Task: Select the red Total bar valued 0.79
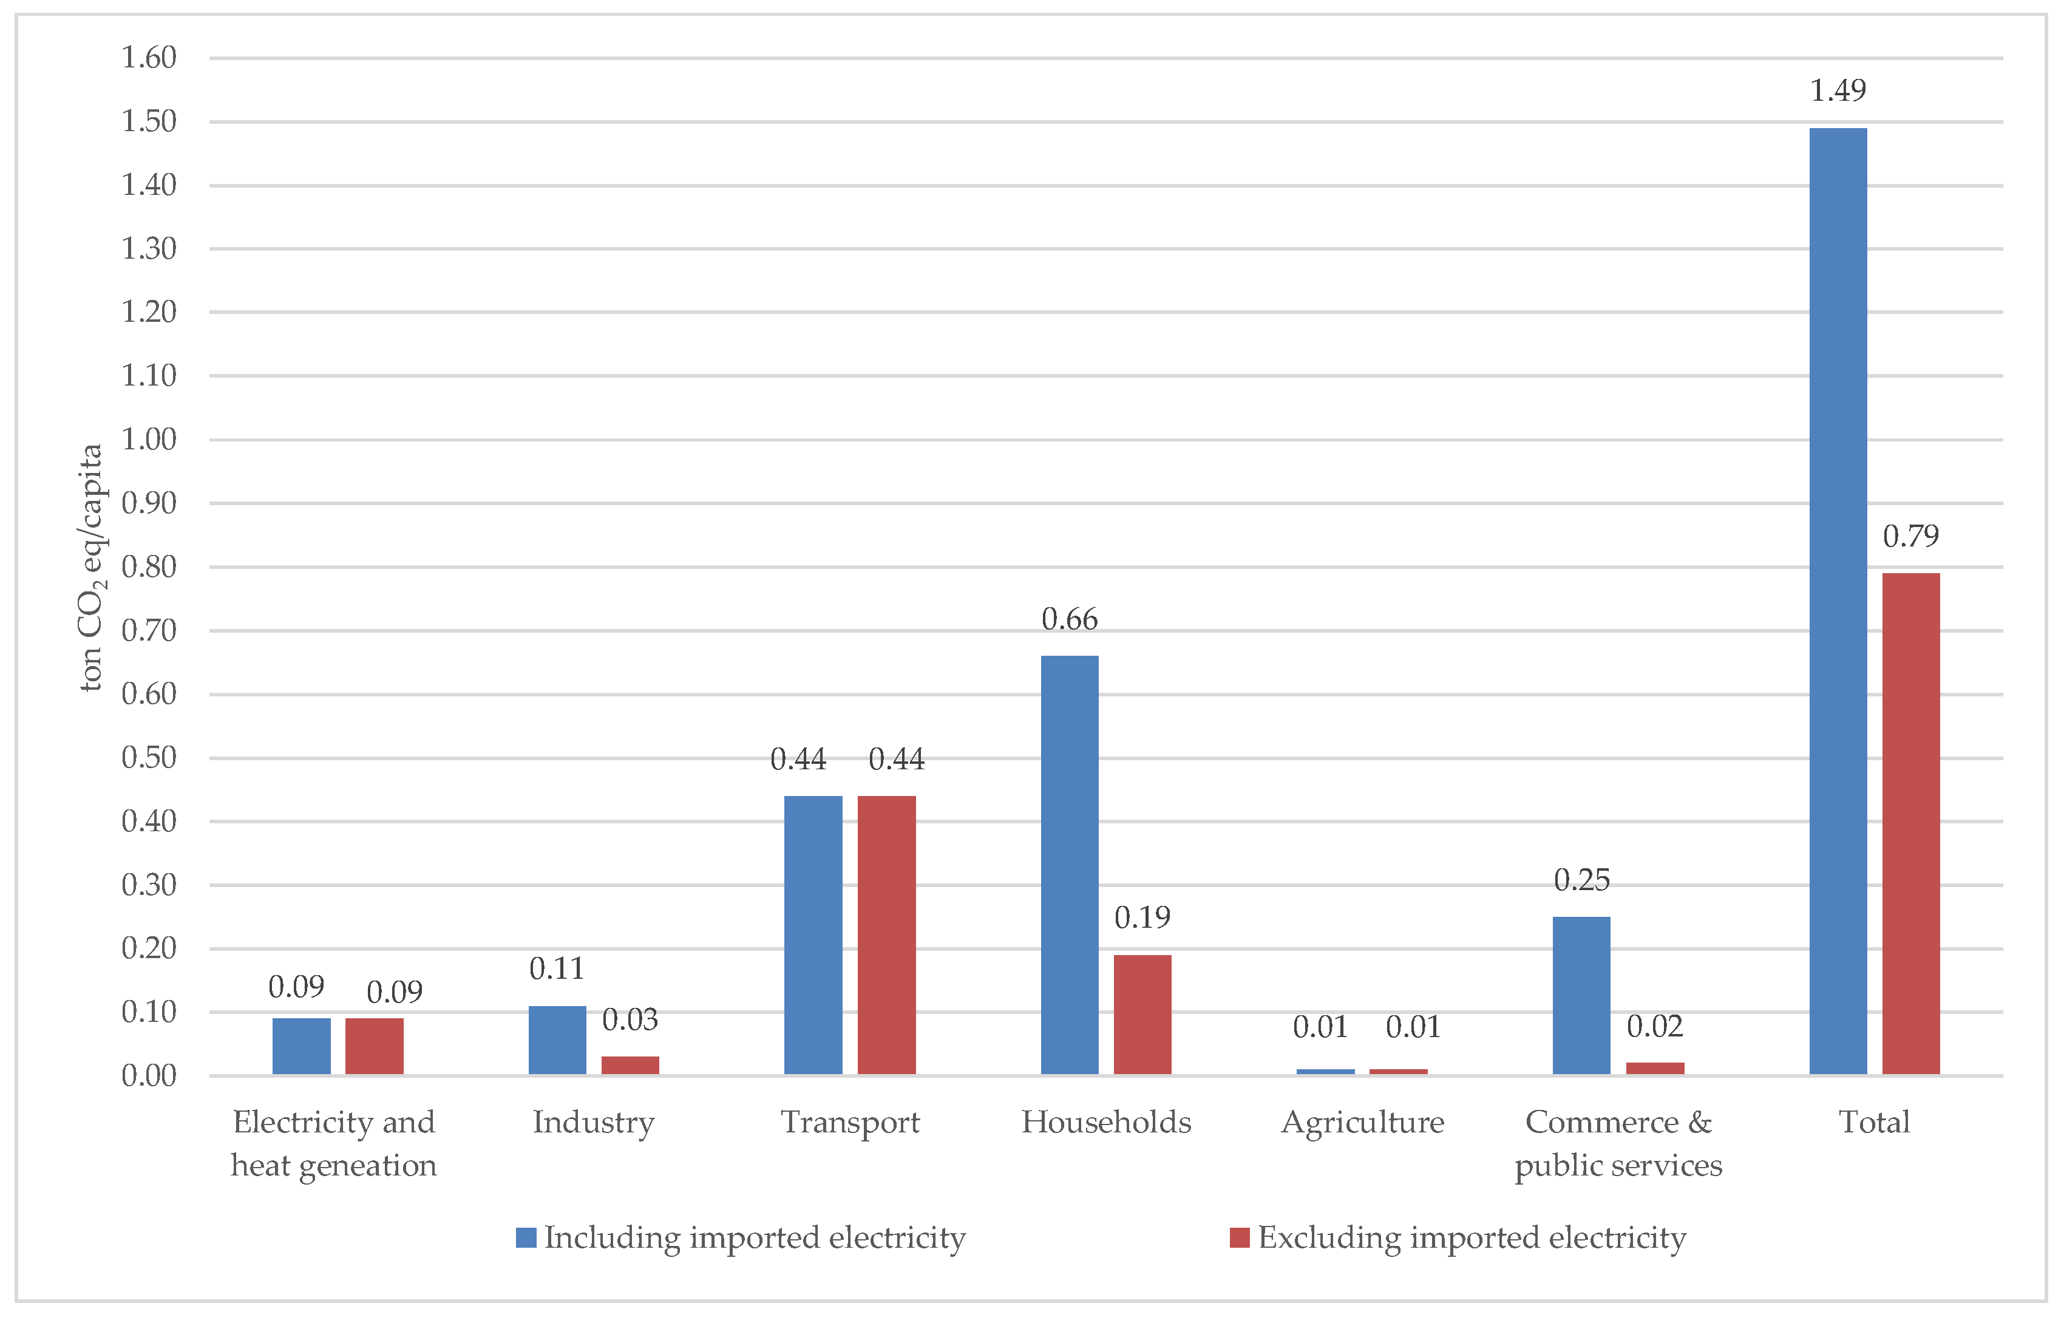point(1910,823)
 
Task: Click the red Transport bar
point(886,934)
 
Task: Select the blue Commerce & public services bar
point(1581,995)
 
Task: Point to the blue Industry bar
point(557,1039)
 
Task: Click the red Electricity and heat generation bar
point(374,1046)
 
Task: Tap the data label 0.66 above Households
point(1069,619)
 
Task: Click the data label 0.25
point(1581,879)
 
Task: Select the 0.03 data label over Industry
point(630,1019)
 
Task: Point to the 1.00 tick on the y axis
point(148,440)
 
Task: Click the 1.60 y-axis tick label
point(148,58)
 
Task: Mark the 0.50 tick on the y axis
point(148,758)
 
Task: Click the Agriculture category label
point(1362,1122)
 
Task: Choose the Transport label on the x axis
point(849,1122)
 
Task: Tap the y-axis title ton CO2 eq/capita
point(91,568)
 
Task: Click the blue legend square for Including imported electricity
point(526,1237)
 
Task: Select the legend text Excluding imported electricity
point(1472,1237)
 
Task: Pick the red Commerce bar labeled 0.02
point(1654,1068)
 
